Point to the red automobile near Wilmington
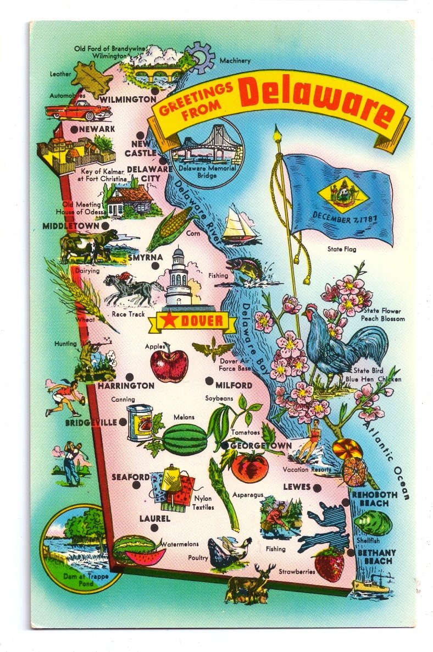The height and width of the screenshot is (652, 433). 77,110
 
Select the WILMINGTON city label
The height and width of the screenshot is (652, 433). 128,100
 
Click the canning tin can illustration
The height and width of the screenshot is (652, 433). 140,422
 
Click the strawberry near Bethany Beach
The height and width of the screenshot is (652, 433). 330,564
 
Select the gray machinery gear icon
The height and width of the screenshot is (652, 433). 199,57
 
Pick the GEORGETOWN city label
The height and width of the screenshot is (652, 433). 261,445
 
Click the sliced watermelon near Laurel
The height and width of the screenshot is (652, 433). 140,551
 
